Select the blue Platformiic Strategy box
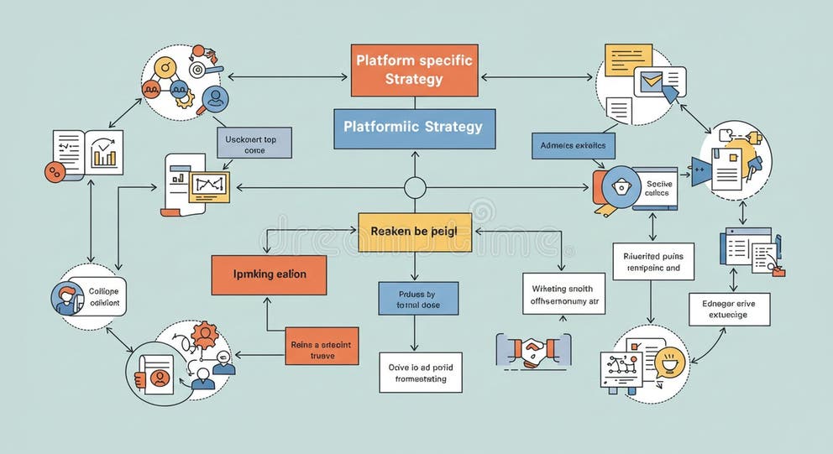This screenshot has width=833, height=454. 414,128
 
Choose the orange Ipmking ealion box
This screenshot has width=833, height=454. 269,274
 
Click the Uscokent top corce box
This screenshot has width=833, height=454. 254,144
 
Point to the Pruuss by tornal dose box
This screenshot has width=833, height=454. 418,299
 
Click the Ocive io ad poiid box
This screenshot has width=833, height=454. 420,373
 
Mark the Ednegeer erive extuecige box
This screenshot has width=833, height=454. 729,309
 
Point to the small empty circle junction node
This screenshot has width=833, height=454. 415,188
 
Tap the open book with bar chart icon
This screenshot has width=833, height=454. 88,153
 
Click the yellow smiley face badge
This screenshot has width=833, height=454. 672,363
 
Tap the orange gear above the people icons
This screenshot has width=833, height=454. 204,335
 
